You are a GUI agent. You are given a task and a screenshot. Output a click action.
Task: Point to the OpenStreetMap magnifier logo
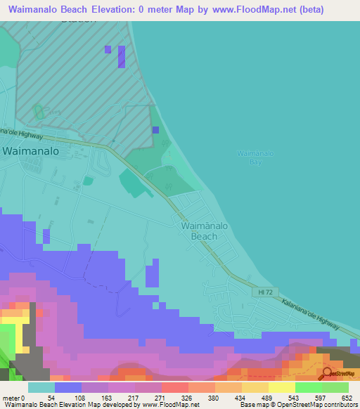tap(328, 372)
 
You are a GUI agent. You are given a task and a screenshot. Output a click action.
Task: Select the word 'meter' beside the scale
tap(11, 397)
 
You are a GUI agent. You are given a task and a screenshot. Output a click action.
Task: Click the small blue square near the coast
tap(155, 130)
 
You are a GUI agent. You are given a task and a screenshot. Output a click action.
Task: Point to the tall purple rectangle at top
tap(121, 57)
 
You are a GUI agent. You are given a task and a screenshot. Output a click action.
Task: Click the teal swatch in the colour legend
tap(41, 387)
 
